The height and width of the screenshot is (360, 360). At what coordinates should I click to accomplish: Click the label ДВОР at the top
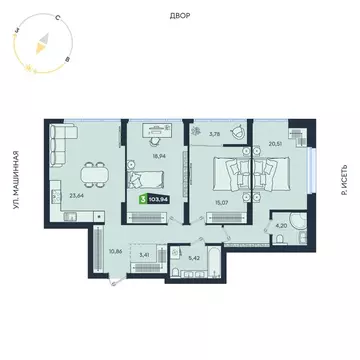(180, 17)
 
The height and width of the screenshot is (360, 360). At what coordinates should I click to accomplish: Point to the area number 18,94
(157, 157)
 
